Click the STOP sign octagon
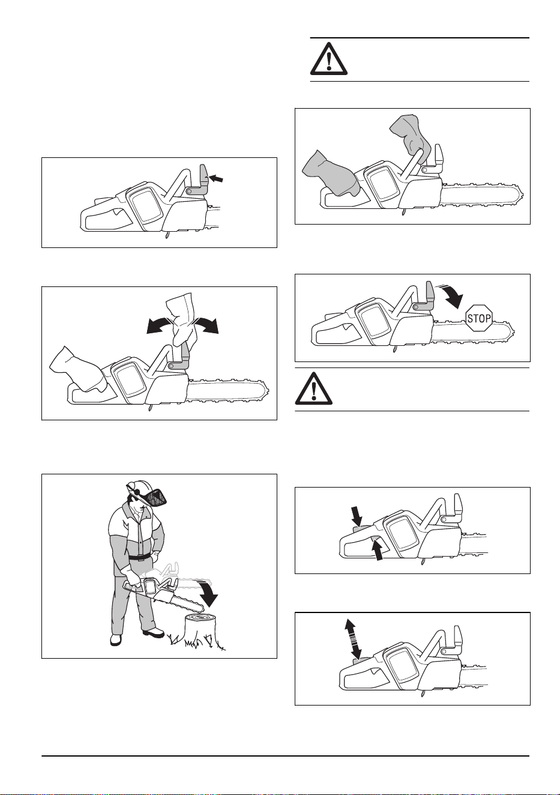(479, 318)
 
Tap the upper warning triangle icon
(329, 59)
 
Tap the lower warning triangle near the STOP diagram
(313, 388)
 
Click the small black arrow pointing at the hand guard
(216, 178)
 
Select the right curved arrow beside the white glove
(206, 325)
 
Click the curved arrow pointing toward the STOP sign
(451, 295)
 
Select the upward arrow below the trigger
(378, 550)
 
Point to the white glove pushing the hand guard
(181, 319)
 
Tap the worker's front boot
(154, 632)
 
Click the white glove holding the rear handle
(79, 370)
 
